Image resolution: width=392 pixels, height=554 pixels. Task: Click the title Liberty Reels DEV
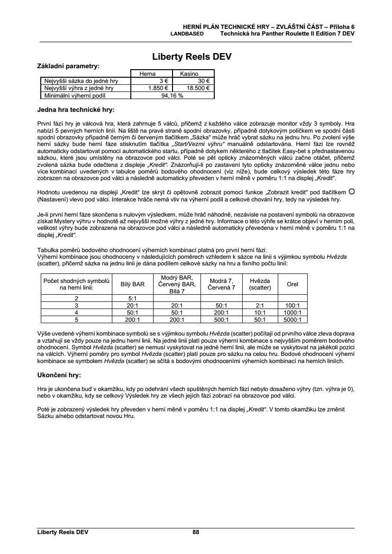click(191, 57)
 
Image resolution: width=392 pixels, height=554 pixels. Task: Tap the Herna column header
click(147, 74)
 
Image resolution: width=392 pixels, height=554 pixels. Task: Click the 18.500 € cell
click(194, 88)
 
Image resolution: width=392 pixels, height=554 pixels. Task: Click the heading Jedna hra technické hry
click(75, 110)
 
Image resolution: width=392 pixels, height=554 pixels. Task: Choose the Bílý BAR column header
click(133, 284)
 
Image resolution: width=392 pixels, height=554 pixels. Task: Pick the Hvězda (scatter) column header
click(260, 284)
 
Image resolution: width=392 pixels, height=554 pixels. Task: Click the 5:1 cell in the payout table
click(133, 299)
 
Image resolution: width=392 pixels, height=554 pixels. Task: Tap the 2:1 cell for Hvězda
click(260, 306)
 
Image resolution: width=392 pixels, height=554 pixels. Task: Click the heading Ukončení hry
click(59, 375)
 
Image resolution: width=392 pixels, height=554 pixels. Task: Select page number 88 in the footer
click(196, 532)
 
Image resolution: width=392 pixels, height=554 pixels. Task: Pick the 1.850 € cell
click(155, 88)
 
